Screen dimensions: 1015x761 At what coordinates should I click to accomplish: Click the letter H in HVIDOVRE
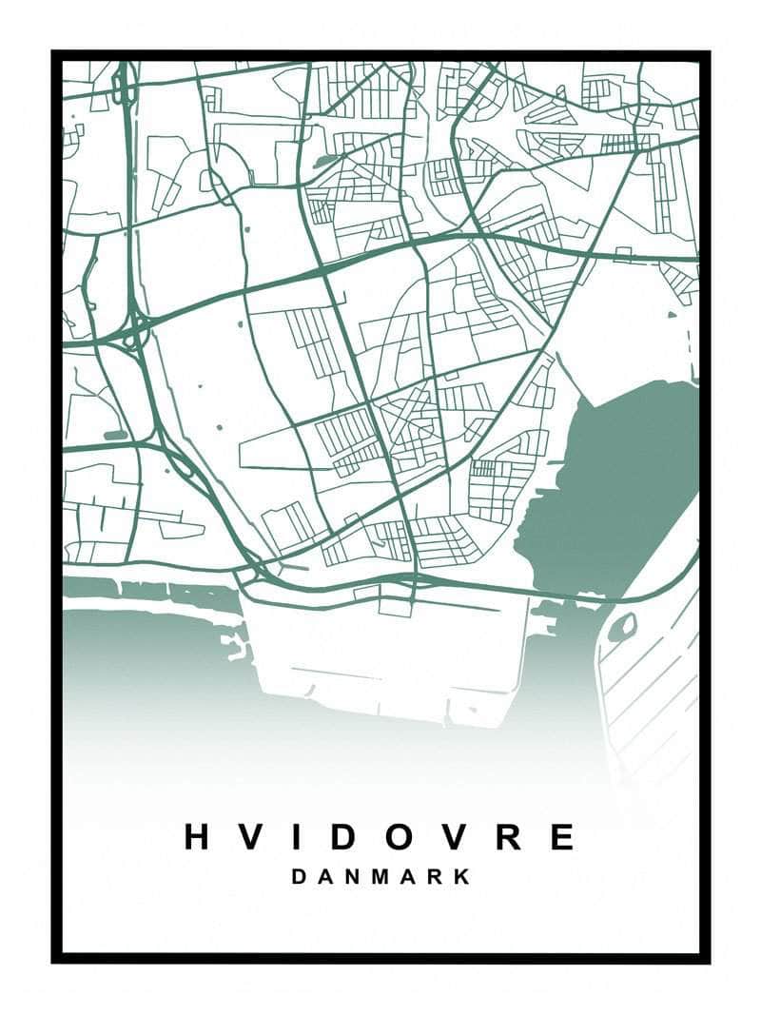click(197, 836)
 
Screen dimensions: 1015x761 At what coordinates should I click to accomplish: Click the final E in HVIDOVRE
click(562, 836)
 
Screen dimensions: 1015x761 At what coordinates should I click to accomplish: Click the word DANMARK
click(380, 877)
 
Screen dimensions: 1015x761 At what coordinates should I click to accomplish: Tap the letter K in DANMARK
click(461, 877)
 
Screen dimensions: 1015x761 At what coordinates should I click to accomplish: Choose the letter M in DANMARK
click(380, 877)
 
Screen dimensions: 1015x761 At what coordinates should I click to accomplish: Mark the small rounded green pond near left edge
click(115, 435)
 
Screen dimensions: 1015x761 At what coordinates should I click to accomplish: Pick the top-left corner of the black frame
click(55, 54)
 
